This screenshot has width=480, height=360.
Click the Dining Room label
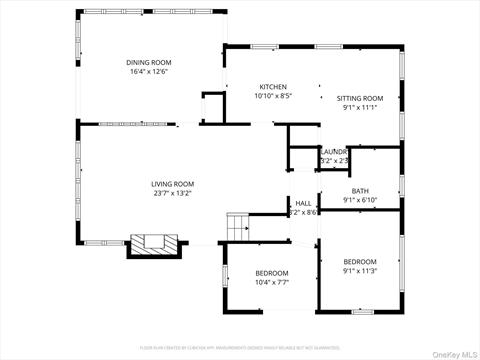(x=148, y=61)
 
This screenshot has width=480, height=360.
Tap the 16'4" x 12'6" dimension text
(x=148, y=71)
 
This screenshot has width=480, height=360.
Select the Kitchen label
(x=273, y=87)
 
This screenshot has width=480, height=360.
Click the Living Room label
(x=172, y=184)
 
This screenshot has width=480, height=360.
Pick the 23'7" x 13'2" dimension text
(x=172, y=193)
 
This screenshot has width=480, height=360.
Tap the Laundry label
(x=333, y=151)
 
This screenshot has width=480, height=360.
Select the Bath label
(x=360, y=191)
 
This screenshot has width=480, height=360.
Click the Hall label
(x=303, y=203)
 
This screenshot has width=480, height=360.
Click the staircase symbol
(x=236, y=227)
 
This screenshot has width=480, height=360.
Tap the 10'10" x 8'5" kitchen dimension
(x=273, y=97)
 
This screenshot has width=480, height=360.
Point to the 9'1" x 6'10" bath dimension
(x=360, y=200)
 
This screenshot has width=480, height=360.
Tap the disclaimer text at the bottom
(x=240, y=347)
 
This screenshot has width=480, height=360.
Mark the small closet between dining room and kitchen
(x=212, y=106)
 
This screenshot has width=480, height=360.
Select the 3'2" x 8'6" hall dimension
(x=303, y=212)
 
